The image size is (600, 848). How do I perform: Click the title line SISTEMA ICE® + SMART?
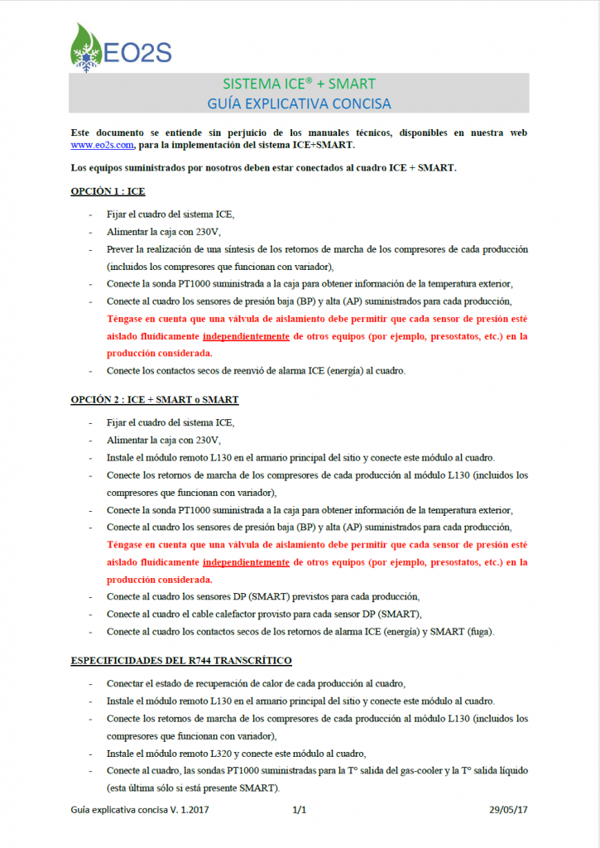coord(299,84)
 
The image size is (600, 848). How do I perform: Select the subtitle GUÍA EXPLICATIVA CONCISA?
coord(299,104)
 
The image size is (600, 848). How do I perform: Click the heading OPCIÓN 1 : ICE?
coord(108,191)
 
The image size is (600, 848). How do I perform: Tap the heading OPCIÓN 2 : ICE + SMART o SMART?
coord(155,399)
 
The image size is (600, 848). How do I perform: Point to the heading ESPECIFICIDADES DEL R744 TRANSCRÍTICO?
coord(181,660)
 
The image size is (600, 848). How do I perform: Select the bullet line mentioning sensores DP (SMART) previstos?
coord(263,596)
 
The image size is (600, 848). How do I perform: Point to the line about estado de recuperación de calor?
coord(256,683)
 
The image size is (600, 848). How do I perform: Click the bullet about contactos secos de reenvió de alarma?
coord(255,370)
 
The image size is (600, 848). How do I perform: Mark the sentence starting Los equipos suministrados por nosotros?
coord(263,168)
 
